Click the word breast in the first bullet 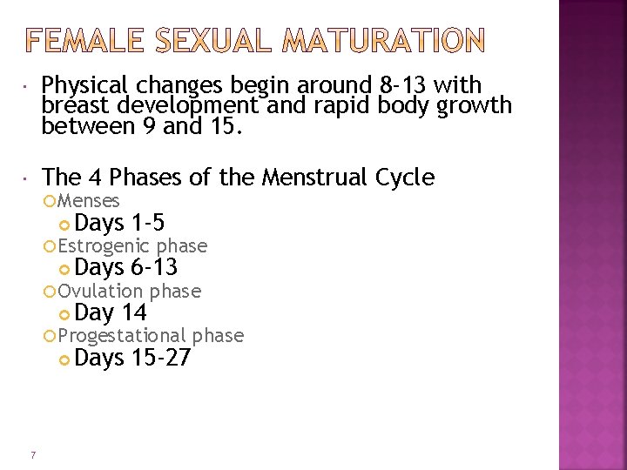click(x=71, y=106)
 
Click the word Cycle click(x=405, y=178)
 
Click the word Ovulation click(x=101, y=291)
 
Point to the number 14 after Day click(x=135, y=313)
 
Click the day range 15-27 click(x=161, y=358)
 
